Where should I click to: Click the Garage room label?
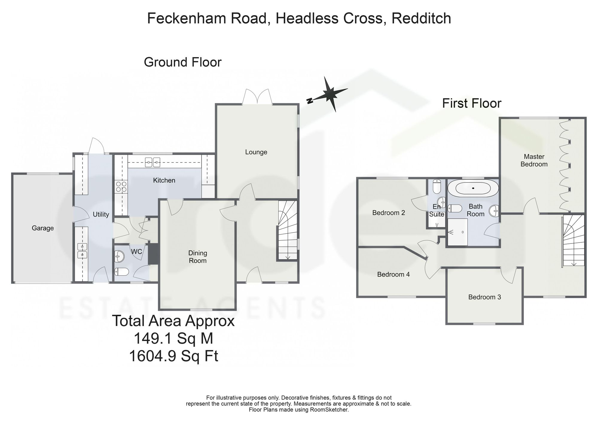[43, 228]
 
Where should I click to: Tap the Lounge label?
[256, 152]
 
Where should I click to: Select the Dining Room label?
[198, 257]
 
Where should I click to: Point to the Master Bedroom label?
[534, 160]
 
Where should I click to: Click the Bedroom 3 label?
[485, 297]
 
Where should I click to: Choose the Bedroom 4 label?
[393, 274]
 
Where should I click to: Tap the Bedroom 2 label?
[389, 213]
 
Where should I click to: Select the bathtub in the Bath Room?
[473, 188]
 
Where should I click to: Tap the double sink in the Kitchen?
[152, 163]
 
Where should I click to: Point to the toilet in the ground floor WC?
[122, 272]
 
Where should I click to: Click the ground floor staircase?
[288, 230]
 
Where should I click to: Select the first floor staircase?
[573, 240]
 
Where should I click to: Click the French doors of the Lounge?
[257, 97]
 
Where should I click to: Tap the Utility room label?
[101, 214]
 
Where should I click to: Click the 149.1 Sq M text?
[173, 339]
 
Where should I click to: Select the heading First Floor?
[472, 103]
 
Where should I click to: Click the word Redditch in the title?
[421, 18]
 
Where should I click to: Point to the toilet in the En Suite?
[437, 186]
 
